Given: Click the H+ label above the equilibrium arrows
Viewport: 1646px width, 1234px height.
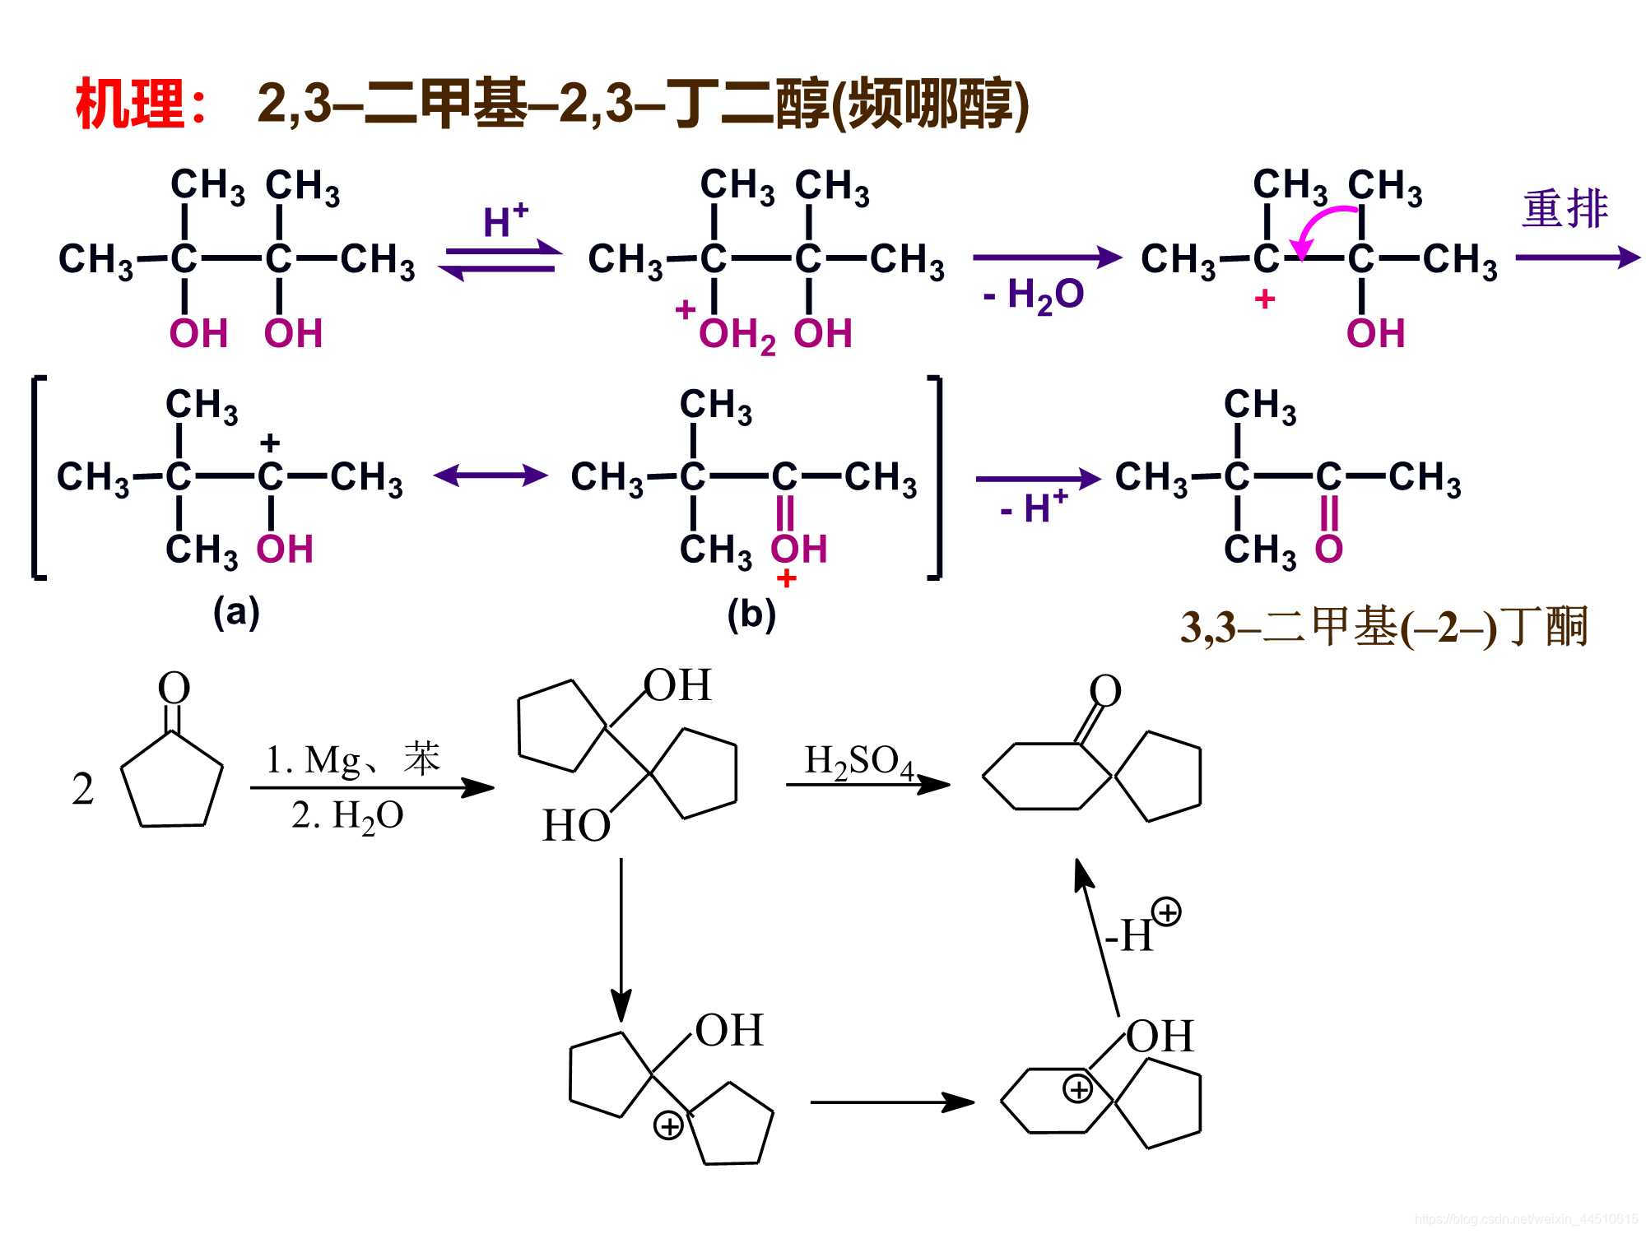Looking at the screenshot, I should pos(504,220).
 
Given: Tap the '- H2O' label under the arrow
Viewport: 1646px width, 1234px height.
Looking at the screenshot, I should pos(1034,295).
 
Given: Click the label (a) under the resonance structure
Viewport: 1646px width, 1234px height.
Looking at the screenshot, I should pos(236,612).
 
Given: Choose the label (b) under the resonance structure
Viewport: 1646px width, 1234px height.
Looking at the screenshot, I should pos(751,614).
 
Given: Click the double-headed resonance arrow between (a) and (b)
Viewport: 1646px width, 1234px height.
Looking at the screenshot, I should pos(491,475).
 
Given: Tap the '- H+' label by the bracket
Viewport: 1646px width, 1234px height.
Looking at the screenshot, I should pos(1034,506).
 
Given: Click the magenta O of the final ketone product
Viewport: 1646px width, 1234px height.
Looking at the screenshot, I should pos(1328,549).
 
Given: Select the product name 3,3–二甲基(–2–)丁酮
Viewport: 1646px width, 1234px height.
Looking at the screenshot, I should pos(1383,628).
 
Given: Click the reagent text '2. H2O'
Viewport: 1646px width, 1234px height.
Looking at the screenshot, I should pos(347,816).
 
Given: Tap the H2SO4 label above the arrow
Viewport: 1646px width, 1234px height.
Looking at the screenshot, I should pos(858,761).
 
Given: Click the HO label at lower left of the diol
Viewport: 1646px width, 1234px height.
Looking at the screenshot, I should pos(576,825).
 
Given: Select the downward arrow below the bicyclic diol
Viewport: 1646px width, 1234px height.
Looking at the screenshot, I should pos(621,938).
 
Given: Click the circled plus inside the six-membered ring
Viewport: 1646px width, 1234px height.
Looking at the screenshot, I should pos(1077,1089).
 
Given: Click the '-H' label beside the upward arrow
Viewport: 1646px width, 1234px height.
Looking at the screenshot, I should pos(1129,935).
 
